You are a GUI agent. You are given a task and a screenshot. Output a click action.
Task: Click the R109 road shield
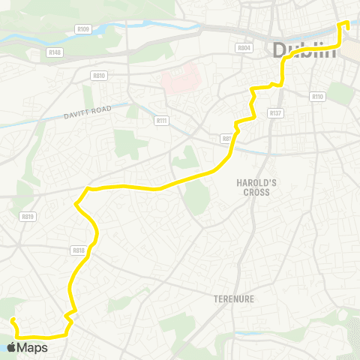coord(82,29)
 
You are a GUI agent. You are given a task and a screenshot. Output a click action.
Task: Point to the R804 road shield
coord(243,48)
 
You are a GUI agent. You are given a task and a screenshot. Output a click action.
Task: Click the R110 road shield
coord(317,97)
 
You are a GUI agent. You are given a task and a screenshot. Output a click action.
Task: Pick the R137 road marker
coord(275,113)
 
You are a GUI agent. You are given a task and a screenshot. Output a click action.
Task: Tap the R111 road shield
coord(161,121)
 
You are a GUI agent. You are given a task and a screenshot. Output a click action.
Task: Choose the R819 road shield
coord(29,216)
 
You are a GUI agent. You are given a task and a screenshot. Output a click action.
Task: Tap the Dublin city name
coord(304,51)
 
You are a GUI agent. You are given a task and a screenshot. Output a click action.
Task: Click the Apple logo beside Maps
coord(13,347)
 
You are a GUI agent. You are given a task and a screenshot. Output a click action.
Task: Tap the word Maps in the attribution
coord(34,347)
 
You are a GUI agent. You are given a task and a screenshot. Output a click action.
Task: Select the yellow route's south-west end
coord(13,320)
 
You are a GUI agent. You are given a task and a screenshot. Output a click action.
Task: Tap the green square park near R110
coord(342,93)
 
